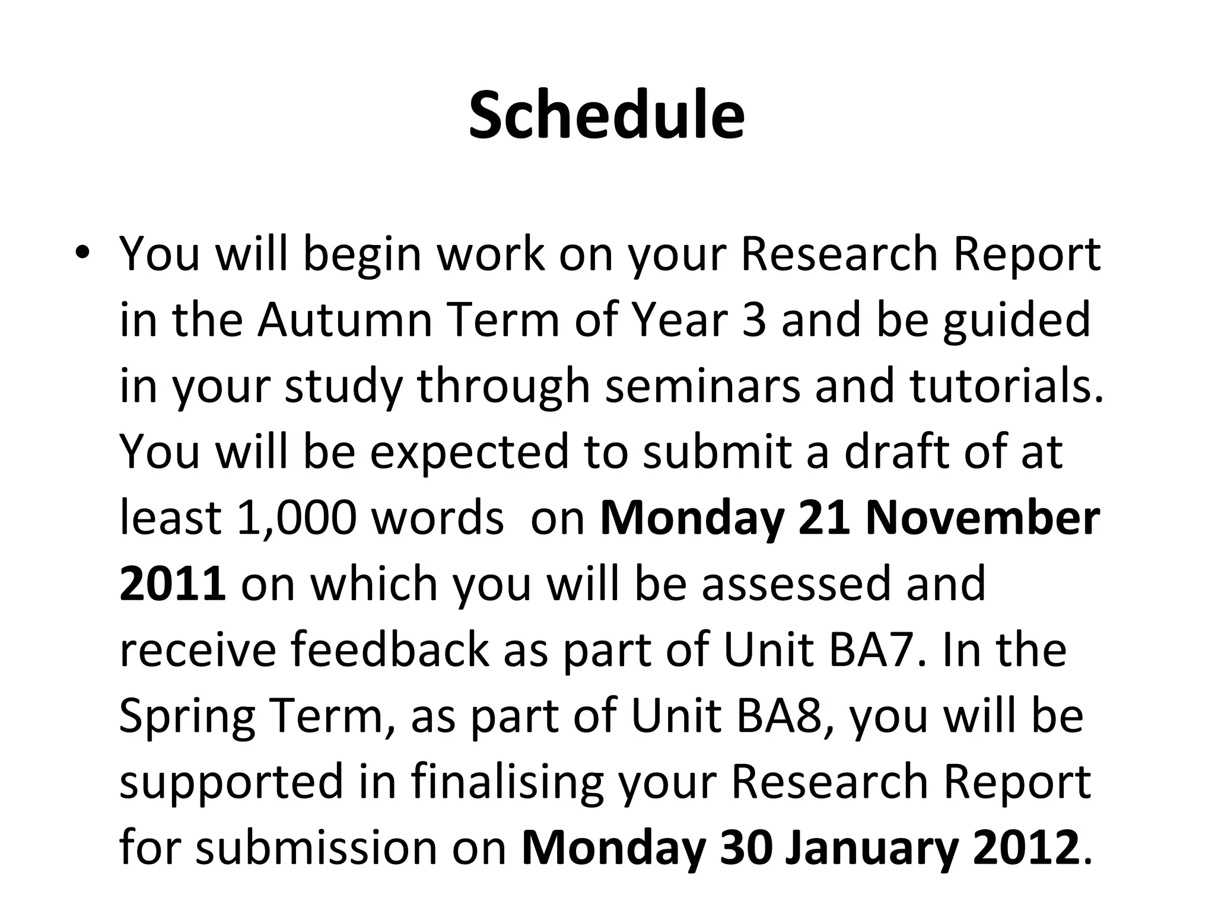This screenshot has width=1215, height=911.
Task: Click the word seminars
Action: point(702,386)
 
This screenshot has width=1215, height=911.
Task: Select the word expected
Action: point(469,452)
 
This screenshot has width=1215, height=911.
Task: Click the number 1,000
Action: point(296,518)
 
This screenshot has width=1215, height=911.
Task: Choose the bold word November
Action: point(982,518)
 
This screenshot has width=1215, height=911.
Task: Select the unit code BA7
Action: point(876,650)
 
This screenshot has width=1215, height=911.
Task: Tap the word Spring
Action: point(187,716)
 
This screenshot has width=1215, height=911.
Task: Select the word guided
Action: point(1017,320)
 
